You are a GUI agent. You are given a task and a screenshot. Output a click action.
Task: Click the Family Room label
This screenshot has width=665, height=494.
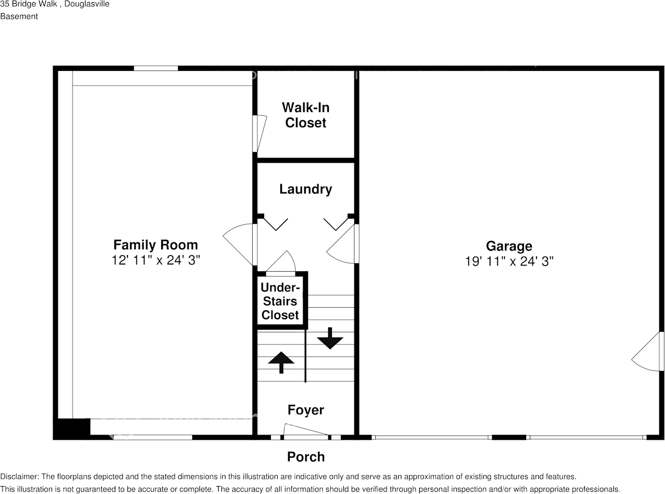pyautogui.click(x=156, y=245)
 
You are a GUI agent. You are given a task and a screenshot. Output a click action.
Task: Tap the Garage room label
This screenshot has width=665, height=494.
pyautogui.click(x=509, y=246)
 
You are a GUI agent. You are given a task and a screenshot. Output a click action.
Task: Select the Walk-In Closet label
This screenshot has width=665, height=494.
pyautogui.click(x=305, y=115)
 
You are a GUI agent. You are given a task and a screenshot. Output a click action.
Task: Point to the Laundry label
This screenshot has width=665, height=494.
pyautogui.click(x=305, y=189)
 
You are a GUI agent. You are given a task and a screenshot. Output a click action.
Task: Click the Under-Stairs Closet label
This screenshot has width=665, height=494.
pyautogui.click(x=280, y=301)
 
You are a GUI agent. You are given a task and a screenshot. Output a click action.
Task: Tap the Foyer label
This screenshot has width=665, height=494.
pyautogui.click(x=306, y=410)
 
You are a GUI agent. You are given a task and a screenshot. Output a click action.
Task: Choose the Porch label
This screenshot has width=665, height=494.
pyautogui.click(x=306, y=457)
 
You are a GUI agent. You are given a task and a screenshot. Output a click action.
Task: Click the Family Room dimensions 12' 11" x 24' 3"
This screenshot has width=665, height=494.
pyautogui.click(x=156, y=260)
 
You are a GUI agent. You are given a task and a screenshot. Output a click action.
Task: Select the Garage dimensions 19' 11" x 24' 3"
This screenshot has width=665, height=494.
pyautogui.click(x=509, y=261)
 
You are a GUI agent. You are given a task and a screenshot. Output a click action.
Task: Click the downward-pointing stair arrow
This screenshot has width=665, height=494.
pyautogui.click(x=330, y=338)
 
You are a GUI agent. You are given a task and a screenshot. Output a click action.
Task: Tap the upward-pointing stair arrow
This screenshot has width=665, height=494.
pyautogui.click(x=281, y=363)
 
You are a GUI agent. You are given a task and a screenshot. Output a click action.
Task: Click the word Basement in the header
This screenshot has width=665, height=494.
pyautogui.click(x=19, y=17)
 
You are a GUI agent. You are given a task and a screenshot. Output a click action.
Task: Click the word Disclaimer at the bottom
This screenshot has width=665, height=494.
pyautogui.click(x=19, y=477)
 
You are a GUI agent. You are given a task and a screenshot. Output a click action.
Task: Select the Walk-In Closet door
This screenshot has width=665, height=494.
pyautogui.click(x=259, y=134)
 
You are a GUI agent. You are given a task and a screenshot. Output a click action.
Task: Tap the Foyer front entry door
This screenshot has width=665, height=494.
pyautogui.click(x=306, y=431)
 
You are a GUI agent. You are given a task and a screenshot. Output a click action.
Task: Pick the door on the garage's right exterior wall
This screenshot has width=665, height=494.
pyautogui.click(x=648, y=351)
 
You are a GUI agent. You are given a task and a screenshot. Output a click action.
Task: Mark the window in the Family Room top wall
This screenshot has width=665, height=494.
pyautogui.click(x=156, y=68)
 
